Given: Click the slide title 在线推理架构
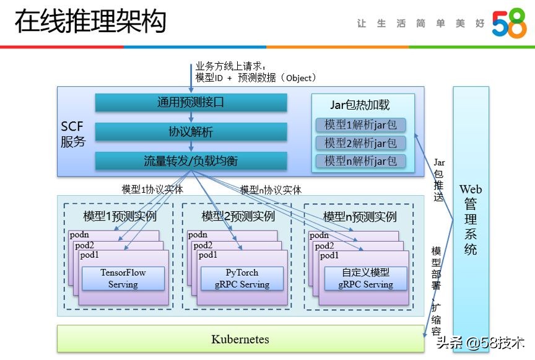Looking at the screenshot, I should click(x=91, y=22).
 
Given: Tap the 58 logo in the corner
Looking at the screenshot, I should click(x=509, y=24).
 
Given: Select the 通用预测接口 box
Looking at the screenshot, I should click(x=191, y=103).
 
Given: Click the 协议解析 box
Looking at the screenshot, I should click(x=191, y=132).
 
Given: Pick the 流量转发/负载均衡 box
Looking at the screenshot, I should click(x=191, y=161).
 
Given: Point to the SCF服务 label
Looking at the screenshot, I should click(x=73, y=134).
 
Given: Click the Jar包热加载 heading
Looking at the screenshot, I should click(x=360, y=105).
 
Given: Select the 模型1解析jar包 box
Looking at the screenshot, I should click(x=360, y=125).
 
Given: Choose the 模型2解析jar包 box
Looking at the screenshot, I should click(x=360, y=143).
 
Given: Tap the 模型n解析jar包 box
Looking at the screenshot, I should click(x=360, y=162).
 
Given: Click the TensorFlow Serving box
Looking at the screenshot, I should click(x=123, y=278).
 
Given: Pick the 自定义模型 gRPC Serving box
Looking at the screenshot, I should click(x=365, y=278).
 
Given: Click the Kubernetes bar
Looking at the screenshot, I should click(x=240, y=339).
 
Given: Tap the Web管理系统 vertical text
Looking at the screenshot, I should click(x=471, y=219).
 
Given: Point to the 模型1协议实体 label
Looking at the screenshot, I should click(x=152, y=190).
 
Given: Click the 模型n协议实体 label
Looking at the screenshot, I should click(x=271, y=190).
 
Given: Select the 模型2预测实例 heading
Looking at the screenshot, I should click(x=238, y=217).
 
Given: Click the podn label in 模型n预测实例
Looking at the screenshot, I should click(x=320, y=235).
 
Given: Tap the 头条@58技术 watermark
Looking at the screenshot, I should click(x=481, y=343).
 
